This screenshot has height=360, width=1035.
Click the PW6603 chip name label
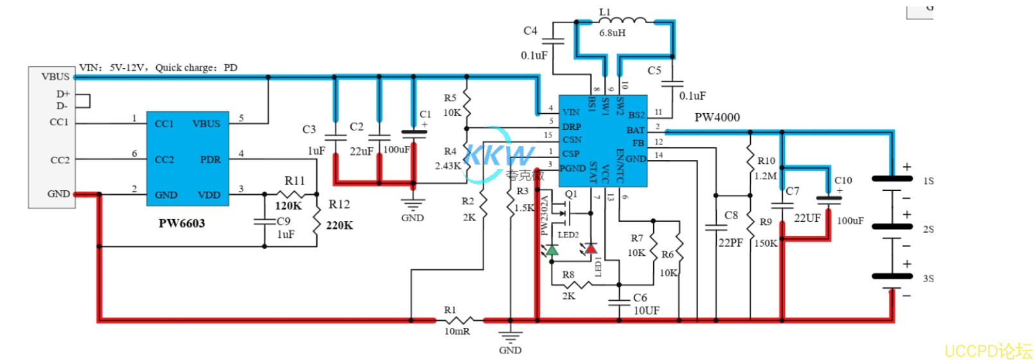tap(182, 223)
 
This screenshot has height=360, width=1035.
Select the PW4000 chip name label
tap(717, 117)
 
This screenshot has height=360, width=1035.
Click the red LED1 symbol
tap(590, 248)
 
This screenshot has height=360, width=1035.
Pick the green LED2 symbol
tap(552, 249)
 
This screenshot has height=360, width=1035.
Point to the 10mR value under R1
tap(457, 331)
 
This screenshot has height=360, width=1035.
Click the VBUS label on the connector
tap(55, 76)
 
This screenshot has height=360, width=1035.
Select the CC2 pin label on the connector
tap(60, 159)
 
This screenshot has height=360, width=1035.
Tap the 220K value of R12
tap(339, 225)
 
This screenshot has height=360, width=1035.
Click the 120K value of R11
tap(288, 206)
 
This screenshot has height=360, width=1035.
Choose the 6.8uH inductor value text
tap(612, 33)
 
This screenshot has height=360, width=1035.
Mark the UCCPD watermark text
tap(987, 350)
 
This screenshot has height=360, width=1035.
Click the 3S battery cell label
tap(928, 278)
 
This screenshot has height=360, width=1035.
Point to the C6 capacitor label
tap(640, 298)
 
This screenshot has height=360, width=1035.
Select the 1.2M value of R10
tap(766, 175)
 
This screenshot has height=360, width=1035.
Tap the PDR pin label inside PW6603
tap(210, 159)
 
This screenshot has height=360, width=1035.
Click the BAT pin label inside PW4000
tap(635, 130)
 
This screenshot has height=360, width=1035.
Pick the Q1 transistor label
tap(571, 194)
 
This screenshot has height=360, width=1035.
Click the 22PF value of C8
tap(730, 242)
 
